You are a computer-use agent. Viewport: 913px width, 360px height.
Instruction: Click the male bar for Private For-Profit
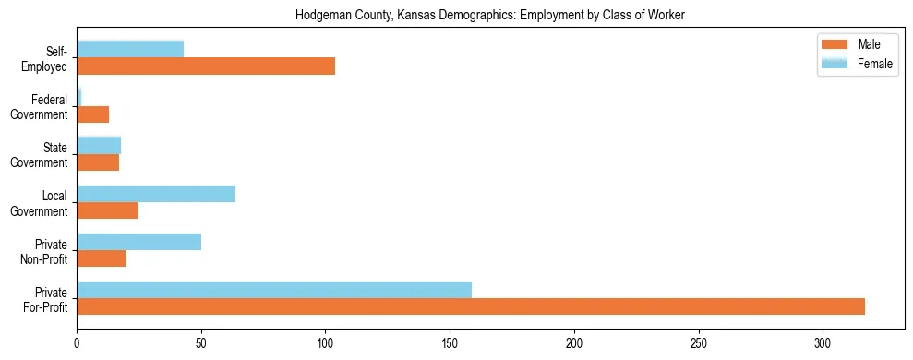pyautogui.click(x=471, y=306)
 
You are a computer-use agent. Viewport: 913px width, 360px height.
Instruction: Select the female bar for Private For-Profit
pyautogui.click(x=274, y=290)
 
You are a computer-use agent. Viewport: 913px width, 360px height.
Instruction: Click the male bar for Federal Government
pyautogui.click(x=92, y=114)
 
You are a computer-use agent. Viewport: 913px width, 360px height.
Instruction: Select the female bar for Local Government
pyautogui.click(x=156, y=194)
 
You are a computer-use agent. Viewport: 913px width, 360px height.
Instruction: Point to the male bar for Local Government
pyautogui.click(x=107, y=210)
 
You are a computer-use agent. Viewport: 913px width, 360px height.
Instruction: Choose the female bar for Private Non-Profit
pyautogui.click(x=138, y=242)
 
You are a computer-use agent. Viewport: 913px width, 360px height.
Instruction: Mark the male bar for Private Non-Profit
pyautogui.click(x=102, y=258)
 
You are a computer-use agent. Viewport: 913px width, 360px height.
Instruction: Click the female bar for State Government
pyautogui.click(x=99, y=145)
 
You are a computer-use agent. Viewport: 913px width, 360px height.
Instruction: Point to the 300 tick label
pyautogui.click(x=823, y=342)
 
